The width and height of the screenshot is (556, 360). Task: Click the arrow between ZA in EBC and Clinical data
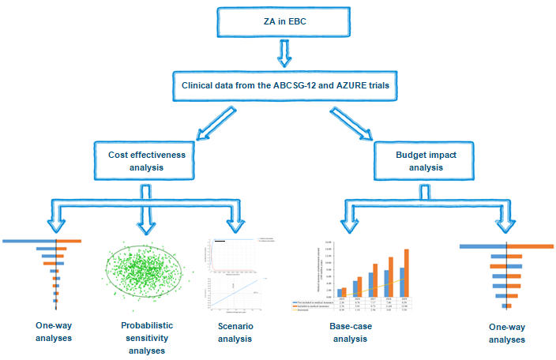(280, 53)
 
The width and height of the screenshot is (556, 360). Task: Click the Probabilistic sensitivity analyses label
(144, 338)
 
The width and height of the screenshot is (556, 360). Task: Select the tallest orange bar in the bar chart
(406, 271)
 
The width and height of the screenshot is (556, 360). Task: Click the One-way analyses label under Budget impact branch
(505, 332)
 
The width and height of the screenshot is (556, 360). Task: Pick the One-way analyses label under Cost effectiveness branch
(54, 332)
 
